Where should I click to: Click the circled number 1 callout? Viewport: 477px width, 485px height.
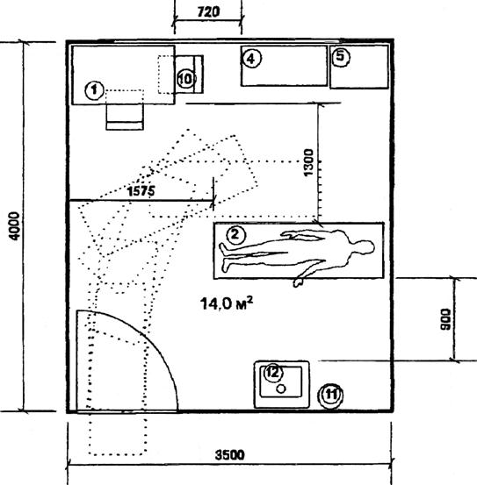[x=94, y=90]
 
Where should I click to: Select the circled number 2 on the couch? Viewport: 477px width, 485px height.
[x=236, y=235]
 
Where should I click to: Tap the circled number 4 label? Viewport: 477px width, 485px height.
[x=251, y=59]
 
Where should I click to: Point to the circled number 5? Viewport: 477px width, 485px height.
[x=341, y=57]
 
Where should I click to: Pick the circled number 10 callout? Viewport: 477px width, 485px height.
[x=186, y=79]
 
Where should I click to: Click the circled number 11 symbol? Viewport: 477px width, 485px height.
[x=330, y=395]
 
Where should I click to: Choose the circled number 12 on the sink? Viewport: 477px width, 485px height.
[x=273, y=373]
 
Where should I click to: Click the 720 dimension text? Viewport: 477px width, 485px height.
[x=208, y=12]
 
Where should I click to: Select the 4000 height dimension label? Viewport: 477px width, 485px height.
[x=14, y=225]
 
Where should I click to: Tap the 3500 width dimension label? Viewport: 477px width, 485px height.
[x=230, y=455]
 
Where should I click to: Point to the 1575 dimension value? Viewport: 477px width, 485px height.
[x=141, y=191]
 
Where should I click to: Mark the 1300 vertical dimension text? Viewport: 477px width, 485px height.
[x=308, y=162]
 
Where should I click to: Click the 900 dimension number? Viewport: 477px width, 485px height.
[x=445, y=319]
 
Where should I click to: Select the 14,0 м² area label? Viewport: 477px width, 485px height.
[x=227, y=303]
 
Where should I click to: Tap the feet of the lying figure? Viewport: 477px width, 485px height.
[x=224, y=257]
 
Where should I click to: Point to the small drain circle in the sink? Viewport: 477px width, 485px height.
[x=281, y=389]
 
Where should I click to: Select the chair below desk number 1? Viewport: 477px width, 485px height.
[x=125, y=117]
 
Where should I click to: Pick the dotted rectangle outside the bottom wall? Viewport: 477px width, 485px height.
[x=118, y=433]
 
